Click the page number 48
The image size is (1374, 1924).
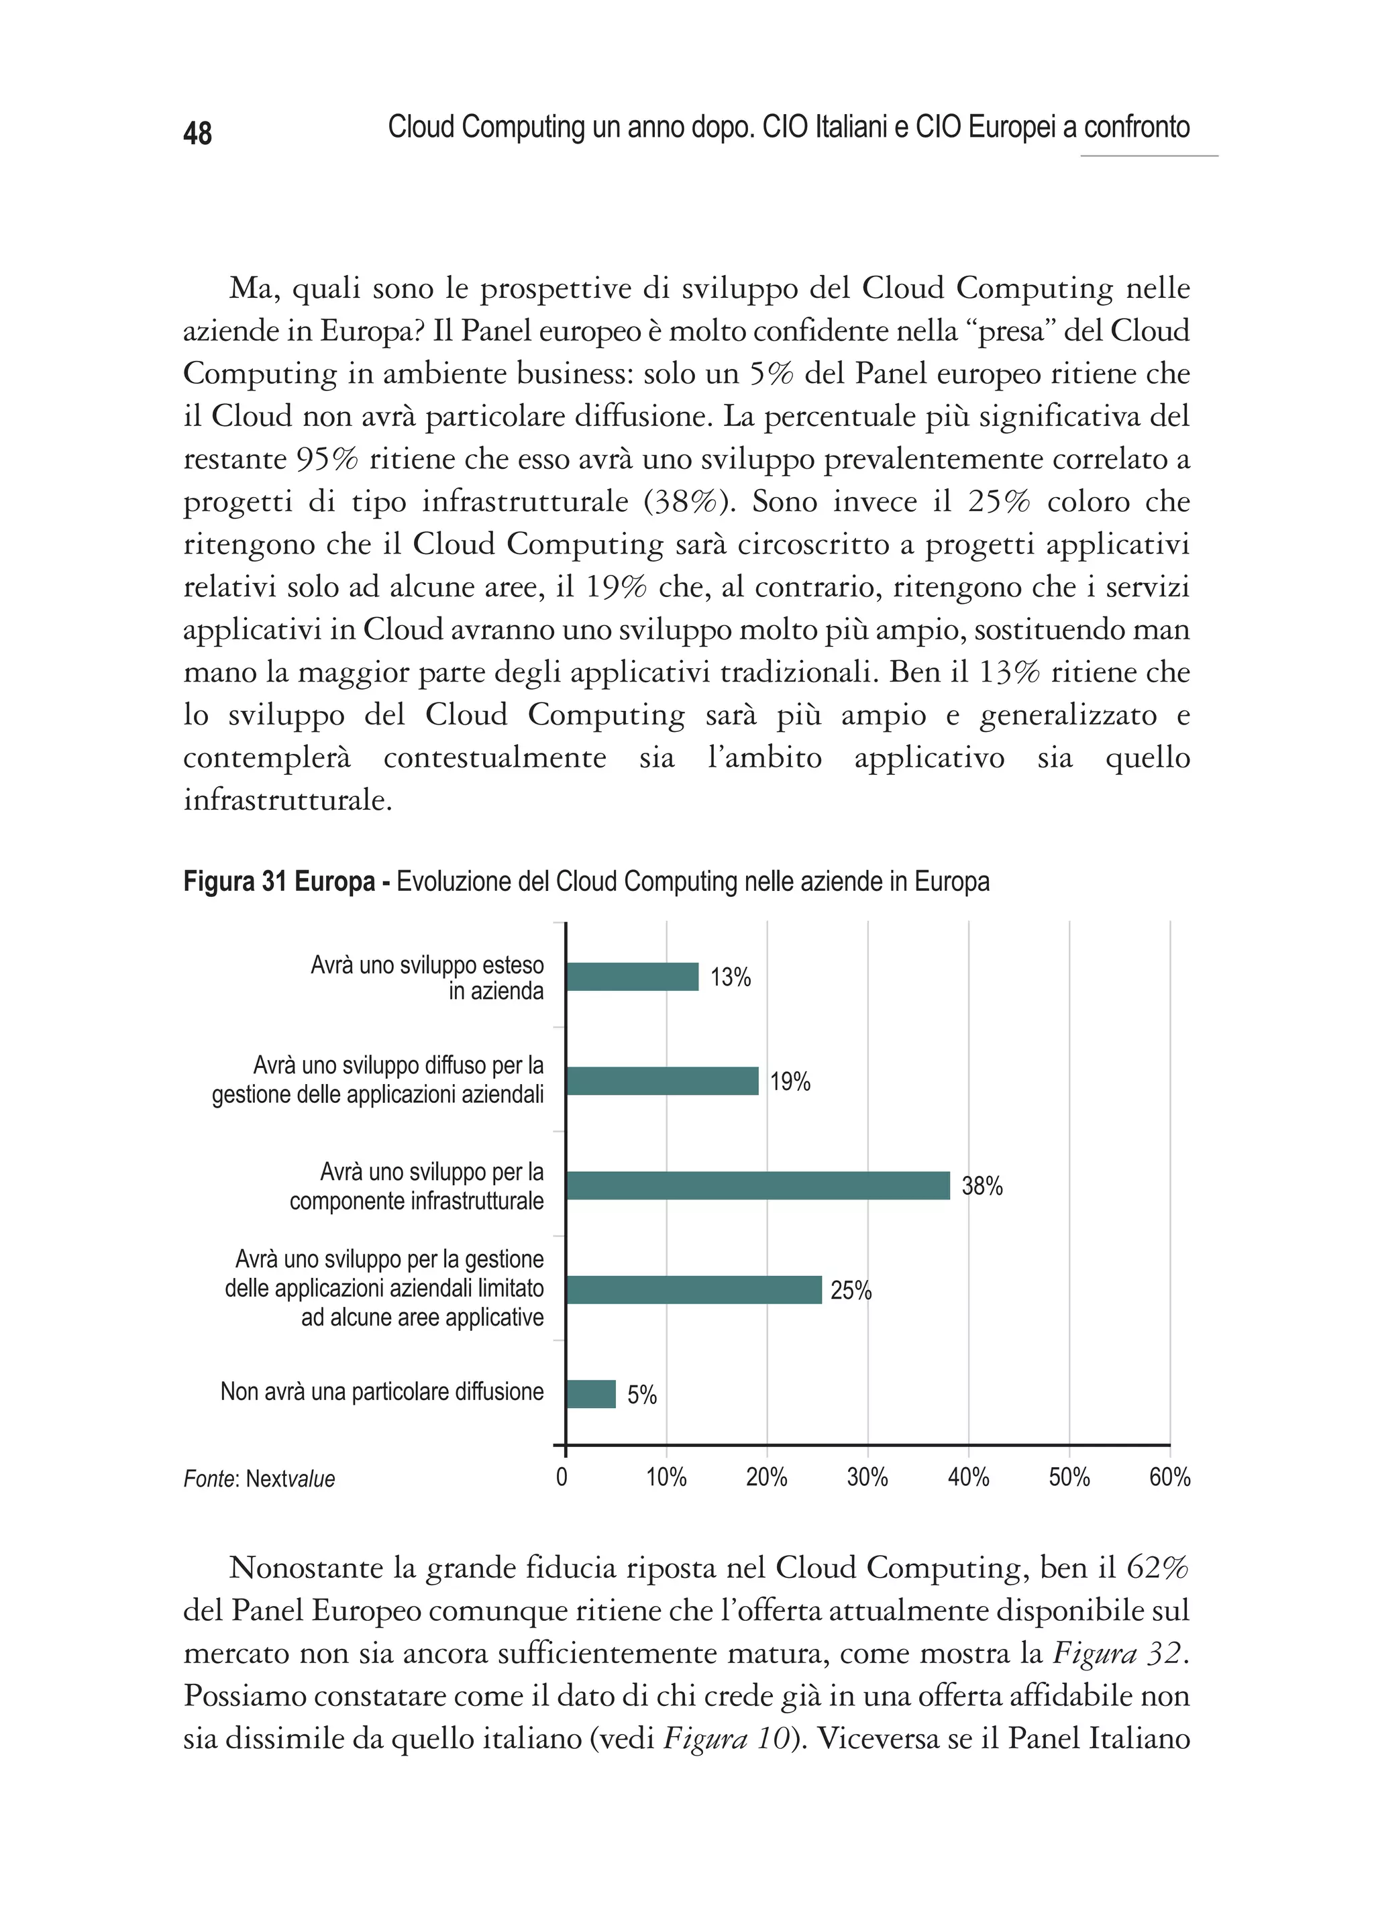tap(197, 133)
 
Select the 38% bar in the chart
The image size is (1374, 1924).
tap(757, 1185)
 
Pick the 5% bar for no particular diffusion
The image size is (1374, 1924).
tap(590, 1393)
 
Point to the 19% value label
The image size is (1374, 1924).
tap(790, 1081)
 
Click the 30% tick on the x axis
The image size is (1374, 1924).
tap(867, 1477)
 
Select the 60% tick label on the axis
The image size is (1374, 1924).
tap(1169, 1477)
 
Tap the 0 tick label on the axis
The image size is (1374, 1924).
tap(562, 1477)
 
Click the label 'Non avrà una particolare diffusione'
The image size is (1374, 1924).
tap(382, 1392)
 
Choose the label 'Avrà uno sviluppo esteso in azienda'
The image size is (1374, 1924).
tap(427, 978)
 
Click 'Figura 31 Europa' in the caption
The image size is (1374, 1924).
tap(278, 881)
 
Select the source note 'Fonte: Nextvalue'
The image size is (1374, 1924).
tap(259, 1479)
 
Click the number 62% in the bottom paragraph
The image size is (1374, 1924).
tap(1157, 1568)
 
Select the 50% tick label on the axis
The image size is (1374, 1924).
tap(1069, 1477)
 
